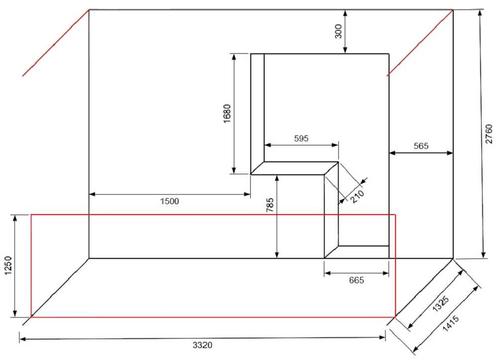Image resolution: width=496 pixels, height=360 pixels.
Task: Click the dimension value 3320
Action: point(202,345)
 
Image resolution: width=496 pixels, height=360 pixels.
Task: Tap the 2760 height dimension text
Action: point(489,134)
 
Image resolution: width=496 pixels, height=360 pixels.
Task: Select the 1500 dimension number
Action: point(170,201)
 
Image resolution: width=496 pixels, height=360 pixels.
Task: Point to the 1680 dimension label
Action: point(227,114)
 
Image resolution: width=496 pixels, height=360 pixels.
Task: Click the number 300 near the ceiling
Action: point(338,31)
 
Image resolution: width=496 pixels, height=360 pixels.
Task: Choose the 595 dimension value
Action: point(301,138)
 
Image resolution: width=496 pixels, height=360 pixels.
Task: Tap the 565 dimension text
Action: point(421,146)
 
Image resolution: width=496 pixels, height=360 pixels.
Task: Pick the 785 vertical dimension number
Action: point(270,205)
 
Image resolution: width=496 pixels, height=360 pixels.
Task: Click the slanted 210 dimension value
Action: point(357,196)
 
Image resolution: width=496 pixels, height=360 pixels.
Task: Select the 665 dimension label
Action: point(357,280)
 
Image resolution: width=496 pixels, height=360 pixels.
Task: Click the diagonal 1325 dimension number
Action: point(441,303)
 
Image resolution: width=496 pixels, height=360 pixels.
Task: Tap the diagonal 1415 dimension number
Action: point(450,323)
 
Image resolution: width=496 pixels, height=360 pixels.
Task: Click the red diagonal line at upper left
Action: point(56,43)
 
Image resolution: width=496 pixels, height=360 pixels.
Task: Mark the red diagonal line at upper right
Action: point(420,43)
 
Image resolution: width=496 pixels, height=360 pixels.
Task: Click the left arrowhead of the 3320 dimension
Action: point(23,339)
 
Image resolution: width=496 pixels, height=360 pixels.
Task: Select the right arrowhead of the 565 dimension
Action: point(450,153)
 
